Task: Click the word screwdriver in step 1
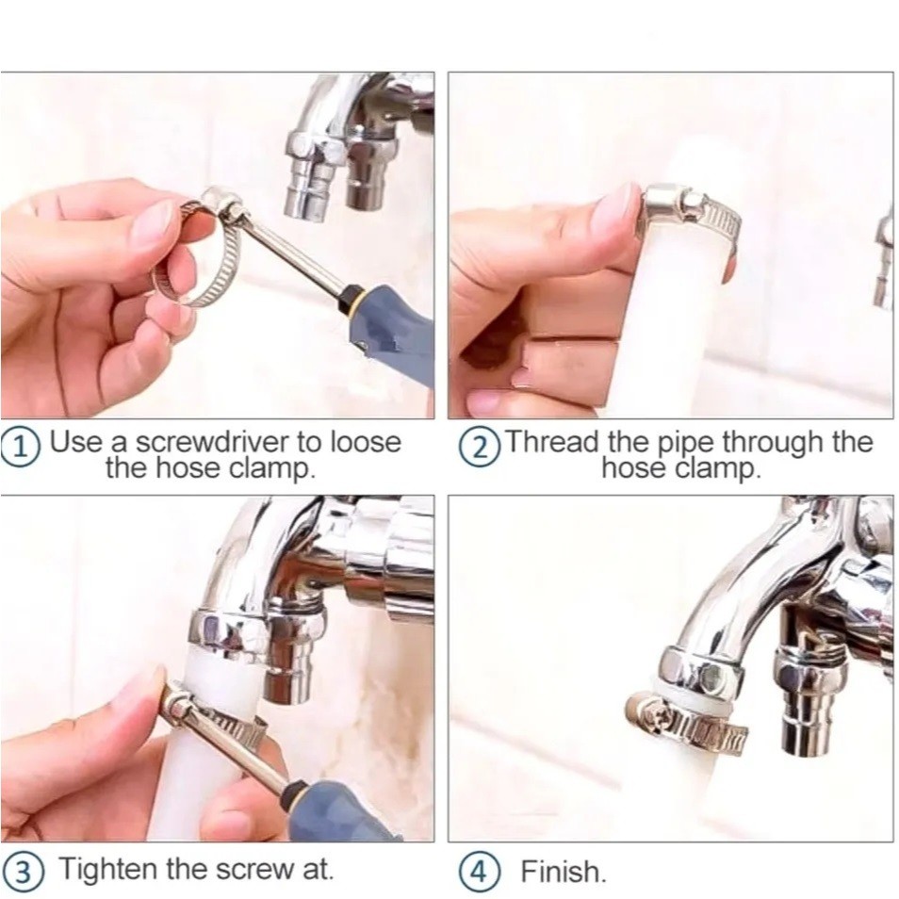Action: pyautogui.click(x=213, y=442)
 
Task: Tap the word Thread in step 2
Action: pyautogui.click(x=553, y=441)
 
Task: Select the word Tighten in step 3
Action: pyautogui.click(x=107, y=869)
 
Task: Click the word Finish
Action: pyautogui.click(x=563, y=872)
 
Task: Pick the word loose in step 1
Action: pyautogui.click(x=367, y=442)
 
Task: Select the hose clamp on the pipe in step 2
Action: pyautogui.click(x=691, y=215)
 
